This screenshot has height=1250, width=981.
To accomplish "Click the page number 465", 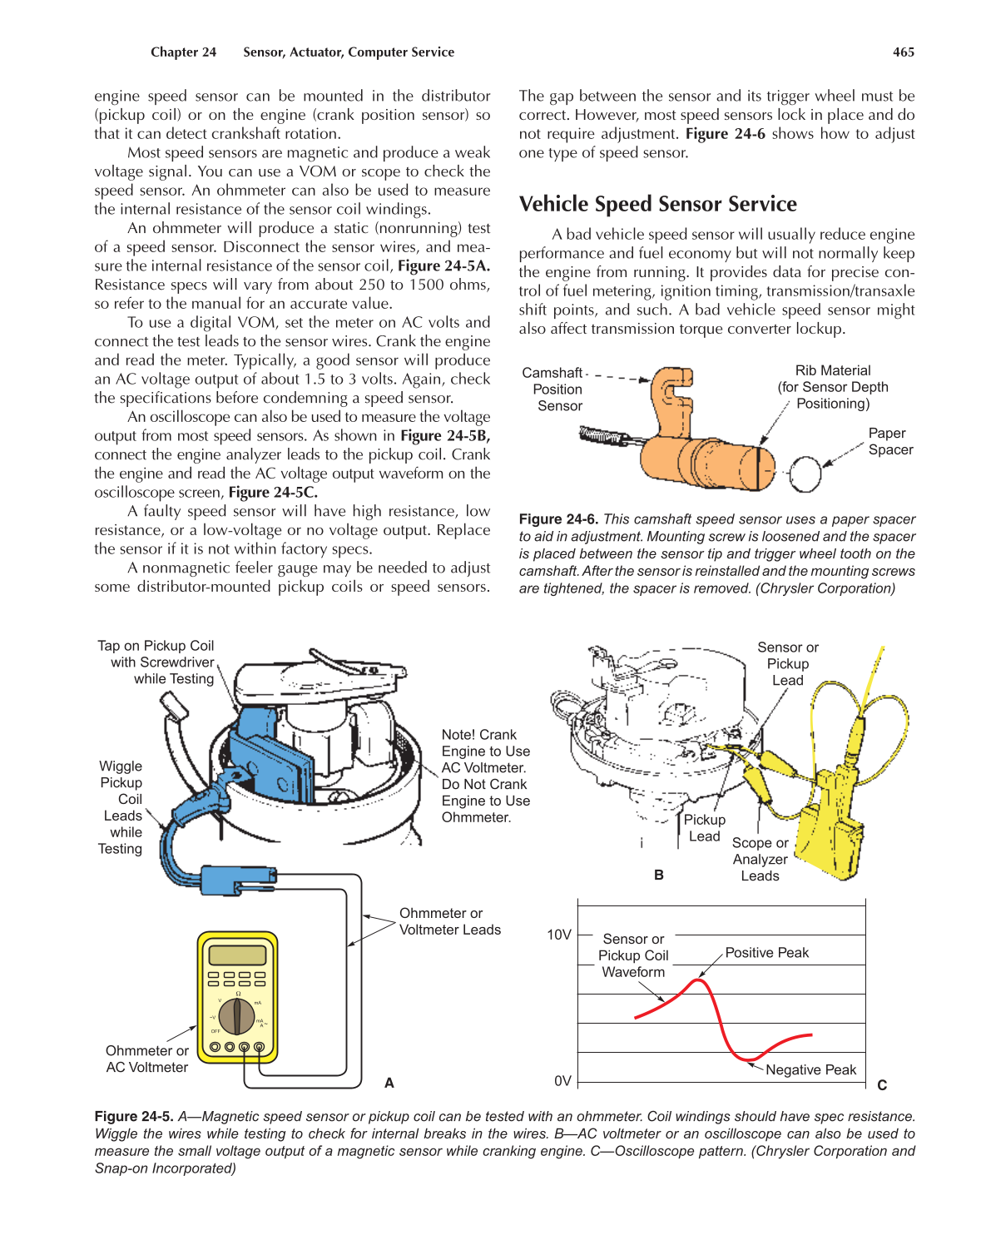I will [903, 52].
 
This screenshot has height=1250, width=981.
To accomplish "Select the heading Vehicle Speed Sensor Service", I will [657, 204].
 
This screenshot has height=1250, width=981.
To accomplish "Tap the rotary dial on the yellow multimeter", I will [237, 1015].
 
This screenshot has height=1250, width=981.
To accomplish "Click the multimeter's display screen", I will [237, 955].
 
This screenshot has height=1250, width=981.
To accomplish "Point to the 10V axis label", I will [558, 935].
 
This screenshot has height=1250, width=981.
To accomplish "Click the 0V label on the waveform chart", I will [562, 1081].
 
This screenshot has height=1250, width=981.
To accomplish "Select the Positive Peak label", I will [766, 953].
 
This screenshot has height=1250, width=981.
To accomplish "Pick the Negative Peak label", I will [810, 1070].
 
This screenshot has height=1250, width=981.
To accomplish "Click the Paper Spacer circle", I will [805, 474].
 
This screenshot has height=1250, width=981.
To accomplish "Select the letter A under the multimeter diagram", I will [389, 1083].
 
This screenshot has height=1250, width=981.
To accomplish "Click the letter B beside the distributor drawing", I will [659, 875].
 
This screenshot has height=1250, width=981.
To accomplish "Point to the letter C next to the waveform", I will [882, 1085].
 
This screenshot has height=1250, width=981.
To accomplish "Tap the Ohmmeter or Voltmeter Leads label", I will [449, 921].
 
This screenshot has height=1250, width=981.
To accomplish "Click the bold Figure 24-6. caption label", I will [557, 519].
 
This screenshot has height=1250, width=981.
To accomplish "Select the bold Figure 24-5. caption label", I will [133, 1117].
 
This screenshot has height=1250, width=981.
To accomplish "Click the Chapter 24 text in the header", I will [183, 52].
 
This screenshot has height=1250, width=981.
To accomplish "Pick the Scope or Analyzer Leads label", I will [760, 859].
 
